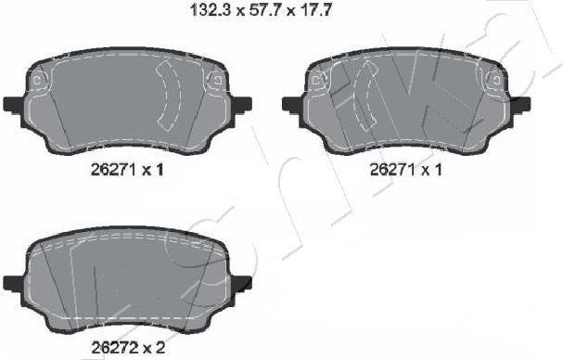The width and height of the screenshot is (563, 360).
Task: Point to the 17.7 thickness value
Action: click(x=315, y=10)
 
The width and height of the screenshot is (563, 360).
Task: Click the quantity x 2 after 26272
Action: click(x=154, y=347)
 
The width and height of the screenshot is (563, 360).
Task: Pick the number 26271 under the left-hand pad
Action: click(x=114, y=170)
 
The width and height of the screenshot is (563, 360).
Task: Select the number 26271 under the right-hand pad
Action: click(x=393, y=170)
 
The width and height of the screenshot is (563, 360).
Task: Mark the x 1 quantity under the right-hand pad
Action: click(x=432, y=170)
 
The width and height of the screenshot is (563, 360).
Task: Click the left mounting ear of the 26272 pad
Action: click(x=14, y=283)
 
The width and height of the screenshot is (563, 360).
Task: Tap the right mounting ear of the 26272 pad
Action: click(x=241, y=283)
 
